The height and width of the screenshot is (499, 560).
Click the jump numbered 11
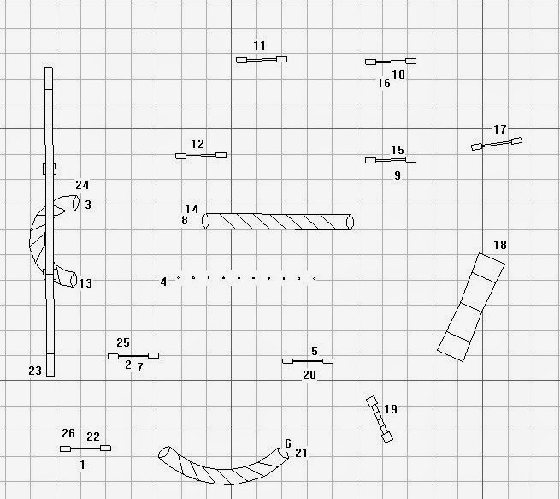click(261, 60)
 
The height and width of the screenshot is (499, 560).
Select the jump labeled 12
click(200, 156)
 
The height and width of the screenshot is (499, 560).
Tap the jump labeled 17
click(497, 144)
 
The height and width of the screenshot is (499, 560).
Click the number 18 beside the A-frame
click(500, 246)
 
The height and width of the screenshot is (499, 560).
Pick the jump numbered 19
click(380, 419)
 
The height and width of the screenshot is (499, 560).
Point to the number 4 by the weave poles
click(163, 282)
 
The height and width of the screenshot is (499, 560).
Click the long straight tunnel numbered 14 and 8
click(278, 222)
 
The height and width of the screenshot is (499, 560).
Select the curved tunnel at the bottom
click(224, 466)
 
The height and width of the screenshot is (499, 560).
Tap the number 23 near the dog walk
click(35, 371)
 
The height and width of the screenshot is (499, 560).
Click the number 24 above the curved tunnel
click(82, 185)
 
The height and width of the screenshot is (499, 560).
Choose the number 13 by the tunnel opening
click(85, 283)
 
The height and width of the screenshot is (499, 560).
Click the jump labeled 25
click(133, 355)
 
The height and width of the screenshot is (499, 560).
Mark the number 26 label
click(68, 433)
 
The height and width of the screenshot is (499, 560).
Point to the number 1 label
click(82, 465)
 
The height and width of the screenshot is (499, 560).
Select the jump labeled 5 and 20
click(308, 361)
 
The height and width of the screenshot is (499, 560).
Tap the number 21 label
click(301, 453)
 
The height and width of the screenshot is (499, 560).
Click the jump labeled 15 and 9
click(390, 160)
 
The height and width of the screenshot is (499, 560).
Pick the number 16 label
click(384, 84)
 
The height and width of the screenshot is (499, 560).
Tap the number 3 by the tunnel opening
click(88, 205)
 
